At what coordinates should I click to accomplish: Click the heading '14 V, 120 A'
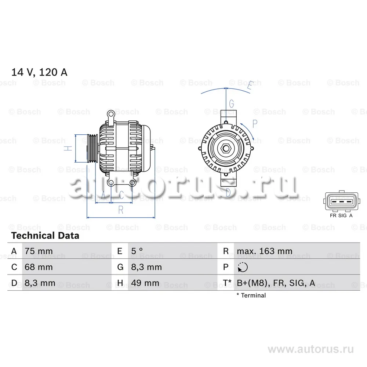(39, 72)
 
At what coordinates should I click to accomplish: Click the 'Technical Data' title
(45, 236)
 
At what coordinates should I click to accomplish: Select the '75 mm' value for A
(39, 251)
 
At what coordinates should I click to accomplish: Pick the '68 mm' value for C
(39, 267)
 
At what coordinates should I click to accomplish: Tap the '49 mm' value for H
(145, 283)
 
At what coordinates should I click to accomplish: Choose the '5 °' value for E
(137, 251)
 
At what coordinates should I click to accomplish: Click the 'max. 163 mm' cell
(265, 251)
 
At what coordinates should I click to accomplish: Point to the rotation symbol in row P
(243, 267)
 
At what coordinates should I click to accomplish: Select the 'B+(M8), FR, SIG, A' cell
(276, 283)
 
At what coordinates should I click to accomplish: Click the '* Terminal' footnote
(251, 295)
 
